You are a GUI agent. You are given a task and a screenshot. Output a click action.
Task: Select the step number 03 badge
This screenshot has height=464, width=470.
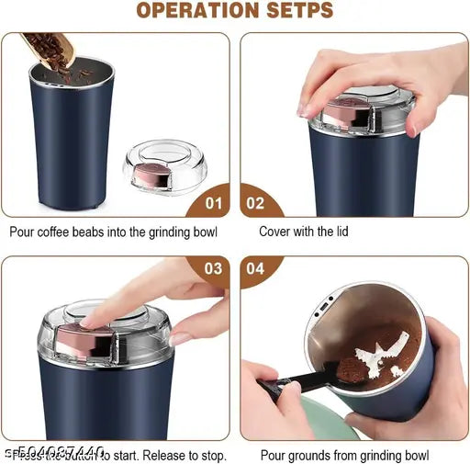point(213,270)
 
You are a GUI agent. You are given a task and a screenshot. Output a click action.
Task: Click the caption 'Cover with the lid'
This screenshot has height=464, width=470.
point(303,232)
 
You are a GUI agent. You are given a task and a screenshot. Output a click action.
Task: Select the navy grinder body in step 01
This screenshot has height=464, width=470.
point(74,147)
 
